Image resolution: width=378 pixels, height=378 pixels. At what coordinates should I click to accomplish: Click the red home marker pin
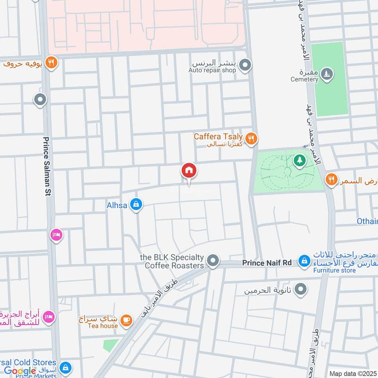[189, 170]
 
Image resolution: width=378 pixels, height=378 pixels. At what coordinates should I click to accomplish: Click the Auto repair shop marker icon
[244, 65]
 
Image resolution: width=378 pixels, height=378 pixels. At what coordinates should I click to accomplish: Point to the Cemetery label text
[304, 79]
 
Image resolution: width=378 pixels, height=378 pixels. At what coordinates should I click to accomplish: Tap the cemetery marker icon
[326, 74]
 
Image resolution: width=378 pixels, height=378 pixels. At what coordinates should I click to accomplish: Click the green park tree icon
[299, 161]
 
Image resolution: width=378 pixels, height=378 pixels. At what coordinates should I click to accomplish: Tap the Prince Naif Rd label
[267, 262]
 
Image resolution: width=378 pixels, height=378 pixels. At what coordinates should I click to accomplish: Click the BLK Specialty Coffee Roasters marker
[214, 261]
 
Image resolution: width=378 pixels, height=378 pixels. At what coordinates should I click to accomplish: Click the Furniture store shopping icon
[303, 261]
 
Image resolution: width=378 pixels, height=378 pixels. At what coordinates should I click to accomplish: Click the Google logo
[20, 371]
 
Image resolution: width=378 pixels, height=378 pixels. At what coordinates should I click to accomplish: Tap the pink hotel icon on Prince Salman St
[57, 234]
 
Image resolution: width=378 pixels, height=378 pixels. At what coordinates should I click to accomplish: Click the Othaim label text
[367, 221]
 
